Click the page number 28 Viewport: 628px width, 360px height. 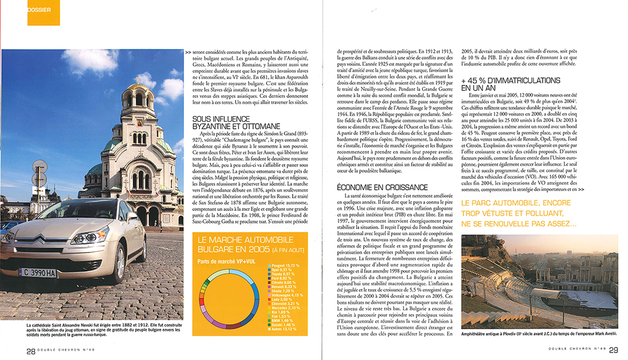30,351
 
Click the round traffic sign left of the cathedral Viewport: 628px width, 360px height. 40,169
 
